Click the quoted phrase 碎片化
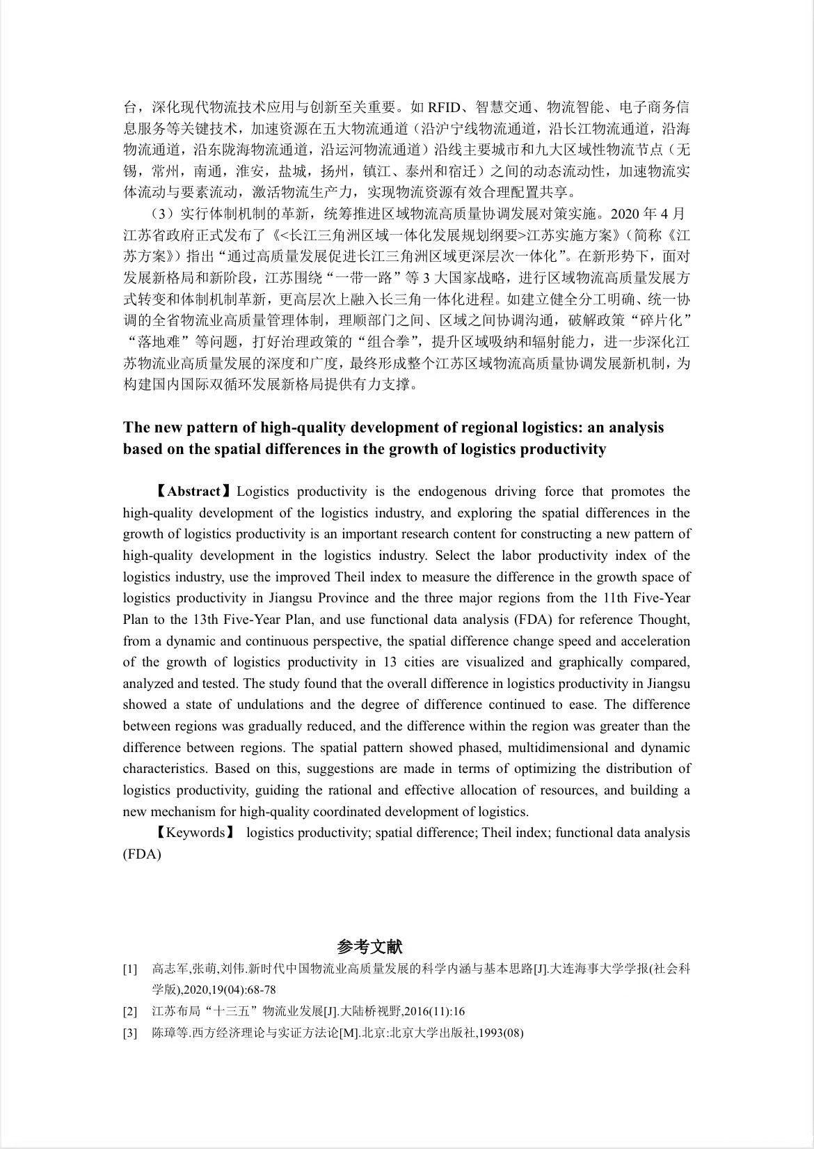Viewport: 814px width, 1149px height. [x=660, y=320]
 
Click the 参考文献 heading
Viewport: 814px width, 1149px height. [x=369, y=946]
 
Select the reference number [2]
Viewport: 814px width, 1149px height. [x=130, y=1011]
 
